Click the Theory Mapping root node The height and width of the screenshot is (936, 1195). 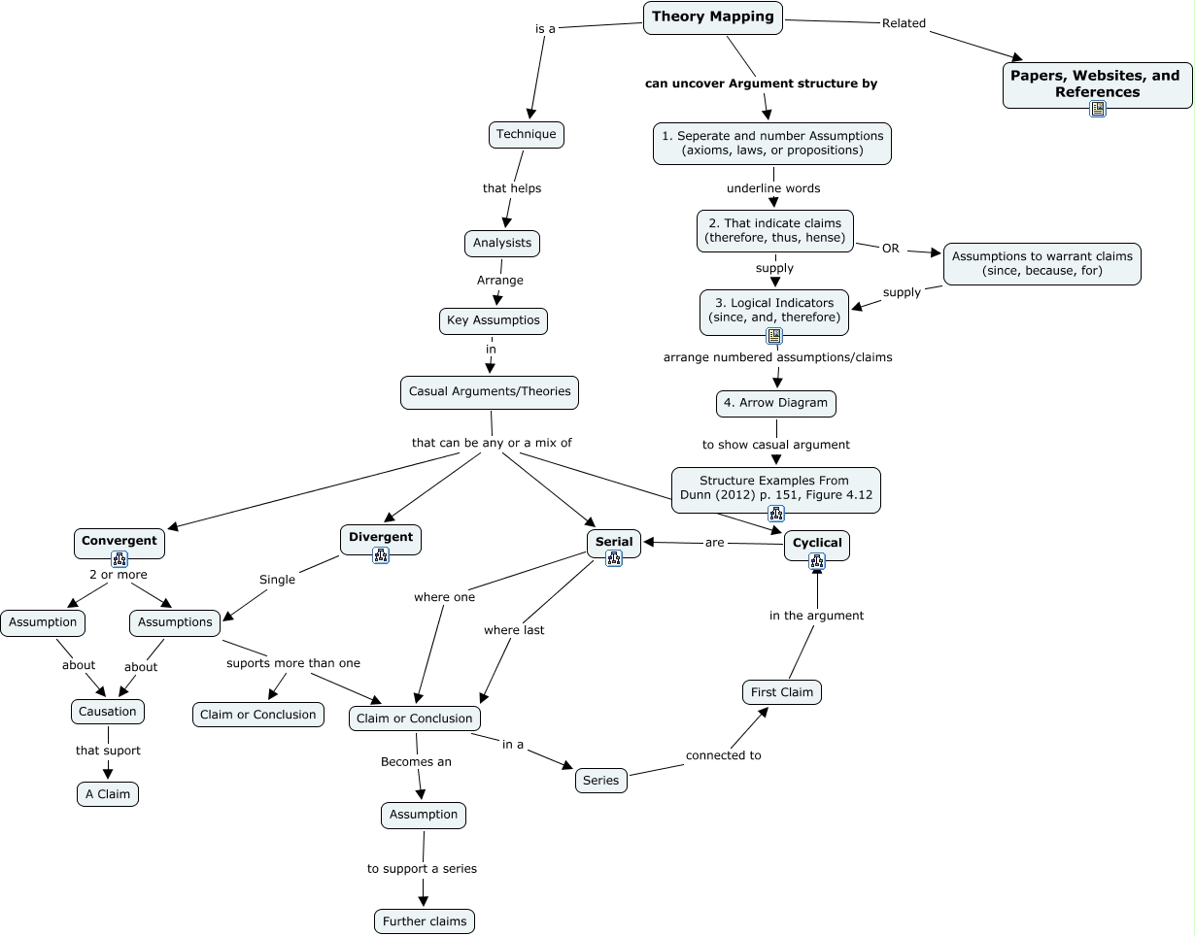click(712, 17)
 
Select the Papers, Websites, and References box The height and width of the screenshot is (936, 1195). click(1097, 84)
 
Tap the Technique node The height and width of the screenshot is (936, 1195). click(526, 134)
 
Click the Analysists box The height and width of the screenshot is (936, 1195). click(501, 243)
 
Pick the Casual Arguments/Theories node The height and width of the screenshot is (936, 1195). click(490, 392)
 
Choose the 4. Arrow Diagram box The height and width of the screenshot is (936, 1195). click(775, 403)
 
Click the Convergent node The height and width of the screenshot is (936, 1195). click(119, 541)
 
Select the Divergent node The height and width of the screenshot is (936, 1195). click(381, 537)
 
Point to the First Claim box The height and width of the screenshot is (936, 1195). click(782, 692)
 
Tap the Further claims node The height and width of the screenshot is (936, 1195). click(425, 921)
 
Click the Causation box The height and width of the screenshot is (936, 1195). click(107, 712)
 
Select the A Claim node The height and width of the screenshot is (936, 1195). click(108, 794)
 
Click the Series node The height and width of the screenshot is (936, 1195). click(600, 781)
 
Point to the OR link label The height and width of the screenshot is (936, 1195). click(890, 249)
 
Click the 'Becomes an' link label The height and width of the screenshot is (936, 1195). click(416, 762)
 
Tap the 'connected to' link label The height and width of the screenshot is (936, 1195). click(723, 755)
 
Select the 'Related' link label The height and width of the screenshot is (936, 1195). click(904, 23)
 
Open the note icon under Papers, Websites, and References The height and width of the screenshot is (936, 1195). click(1097, 109)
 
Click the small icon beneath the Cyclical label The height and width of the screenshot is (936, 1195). click(817, 560)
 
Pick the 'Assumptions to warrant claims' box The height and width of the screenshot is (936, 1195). click(1041, 263)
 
